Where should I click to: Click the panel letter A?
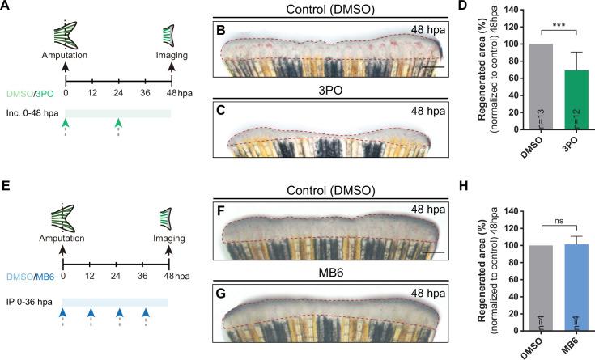coord(7,7)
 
